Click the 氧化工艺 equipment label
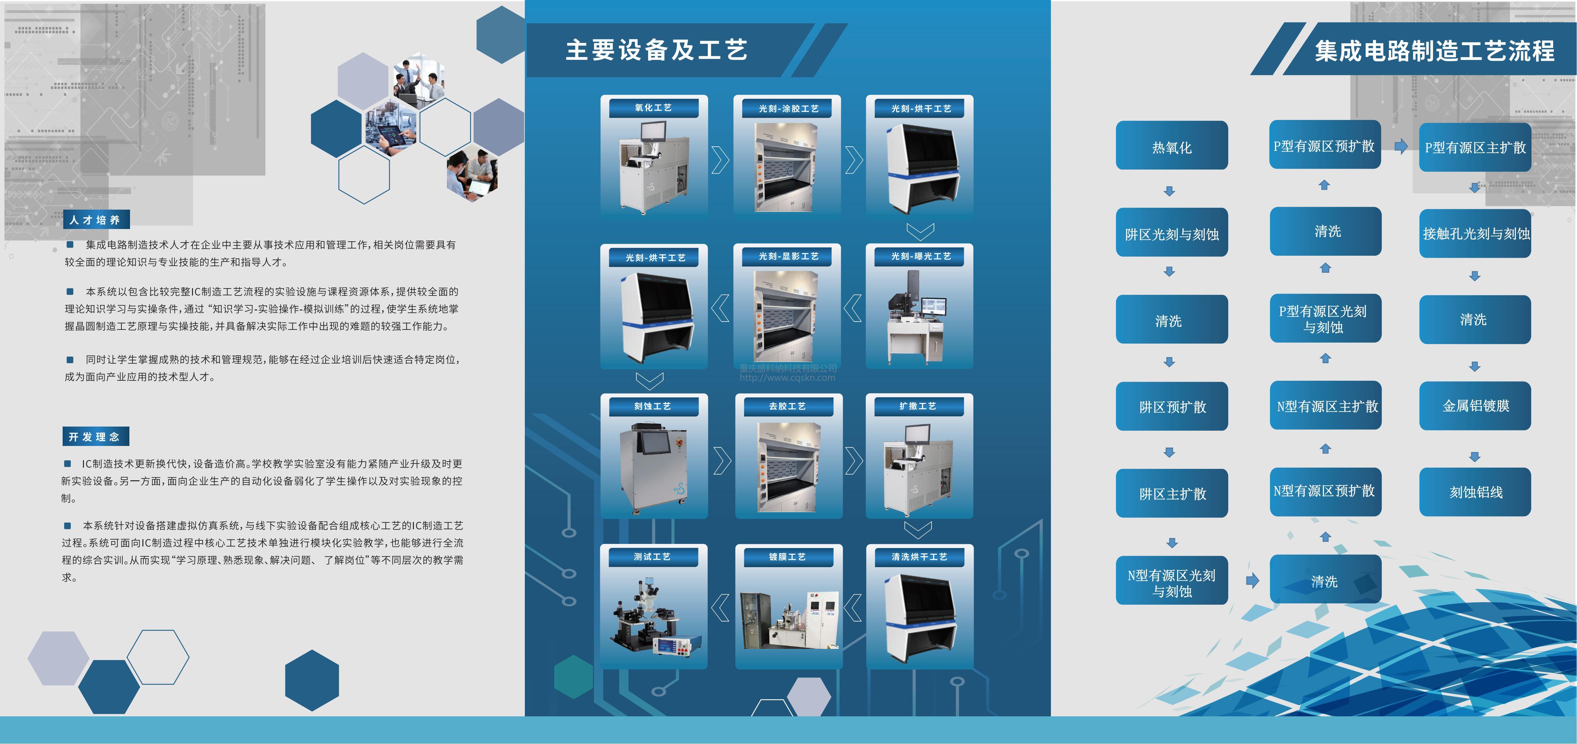pos(653,108)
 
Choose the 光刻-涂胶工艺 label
pos(788,108)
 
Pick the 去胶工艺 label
pos(788,406)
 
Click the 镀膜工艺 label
pos(788,557)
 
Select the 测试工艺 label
pos(653,557)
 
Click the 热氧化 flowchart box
pos(1171,146)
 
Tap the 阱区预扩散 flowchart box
pos(1171,407)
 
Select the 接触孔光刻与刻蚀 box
pos(1475,233)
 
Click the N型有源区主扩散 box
pos(1326,406)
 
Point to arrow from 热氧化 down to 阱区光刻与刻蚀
pos(1169,191)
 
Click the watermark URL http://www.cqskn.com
pos(787,378)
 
